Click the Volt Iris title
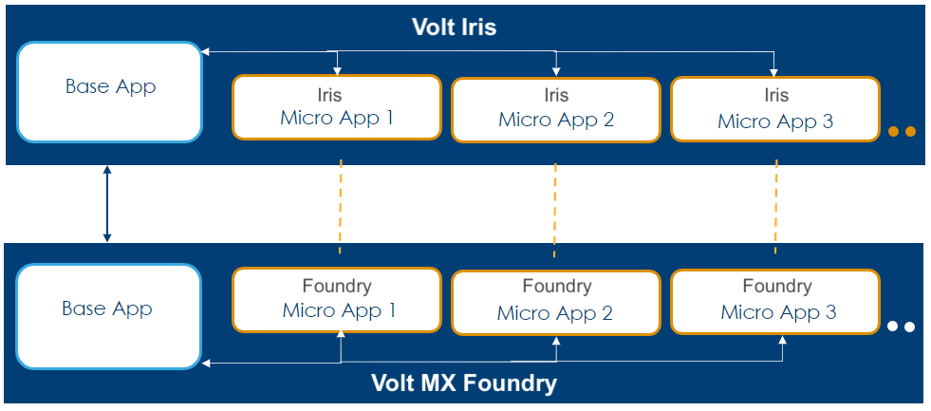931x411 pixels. click(454, 27)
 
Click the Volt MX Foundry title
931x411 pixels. click(464, 383)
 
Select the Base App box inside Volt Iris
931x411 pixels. click(109, 92)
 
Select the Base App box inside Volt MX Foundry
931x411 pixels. click(107, 315)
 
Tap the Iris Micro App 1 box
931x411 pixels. click(336, 107)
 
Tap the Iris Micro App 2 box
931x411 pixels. click(555, 109)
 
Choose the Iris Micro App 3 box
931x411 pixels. click(775, 109)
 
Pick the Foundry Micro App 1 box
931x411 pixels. click(336, 299)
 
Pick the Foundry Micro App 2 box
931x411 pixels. click(555, 301)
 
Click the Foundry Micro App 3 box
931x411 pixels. click(775, 301)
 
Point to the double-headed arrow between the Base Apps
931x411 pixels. click(107, 204)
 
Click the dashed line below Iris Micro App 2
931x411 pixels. click(555, 209)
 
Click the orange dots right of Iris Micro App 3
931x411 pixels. click(902, 131)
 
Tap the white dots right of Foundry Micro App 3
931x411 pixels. click(901, 327)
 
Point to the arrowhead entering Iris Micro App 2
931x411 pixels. click(556, 71)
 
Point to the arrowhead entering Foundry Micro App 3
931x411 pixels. click(784, 341)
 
